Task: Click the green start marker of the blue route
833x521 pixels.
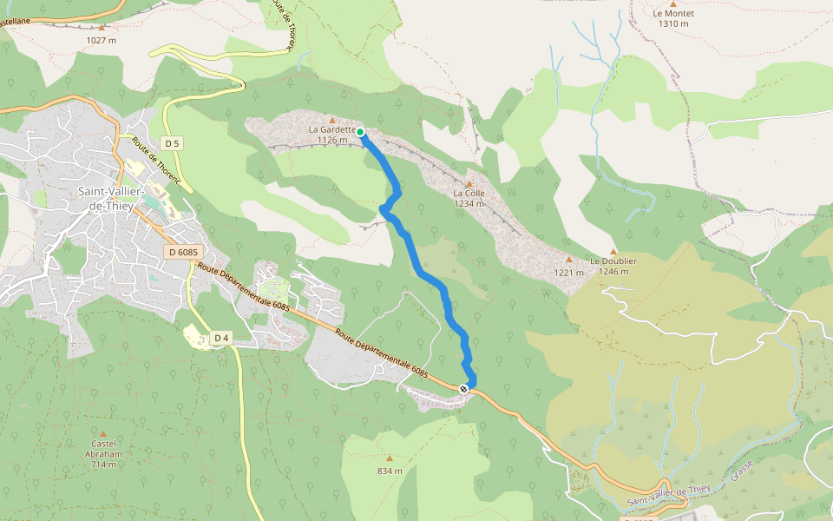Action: click(x=360, y=132)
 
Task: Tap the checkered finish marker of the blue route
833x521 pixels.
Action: click(x=465, y=389)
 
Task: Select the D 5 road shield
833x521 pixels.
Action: click(x=172, y=143)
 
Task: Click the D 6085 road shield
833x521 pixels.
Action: click(x=183, y=252)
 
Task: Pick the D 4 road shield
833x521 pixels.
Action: click(x=221, y=338)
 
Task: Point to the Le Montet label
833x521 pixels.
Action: click(x=672, y=13)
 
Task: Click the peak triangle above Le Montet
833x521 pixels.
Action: click(x=673, y=3)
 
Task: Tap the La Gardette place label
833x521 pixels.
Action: click(x=331, y=129)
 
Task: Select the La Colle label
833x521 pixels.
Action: click(x=469, y=194)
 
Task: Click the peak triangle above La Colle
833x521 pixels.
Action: click(x=469, y=184)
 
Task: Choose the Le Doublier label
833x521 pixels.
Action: click(x=613, y=260)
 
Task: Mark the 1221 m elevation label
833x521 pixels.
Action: click(x=569, y=272)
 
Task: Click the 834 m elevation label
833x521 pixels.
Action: click(x=390, y=471)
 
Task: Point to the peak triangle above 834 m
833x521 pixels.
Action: click(x=390, y=458)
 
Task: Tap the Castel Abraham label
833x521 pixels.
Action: click(x=103, y=449)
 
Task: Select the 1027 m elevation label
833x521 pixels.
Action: click(x=102, y=40)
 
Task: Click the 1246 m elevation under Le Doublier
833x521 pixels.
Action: click(x=613, y=271)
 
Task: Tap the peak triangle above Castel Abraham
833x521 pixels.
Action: click(x=103, y=433)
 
